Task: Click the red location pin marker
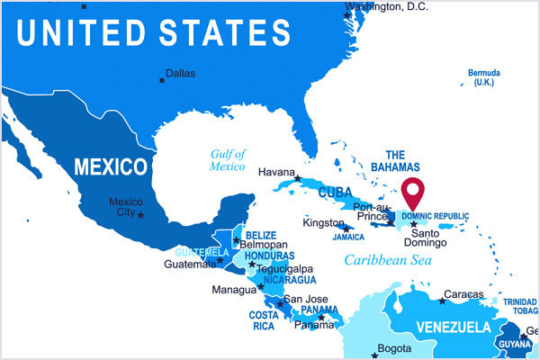[414, 193]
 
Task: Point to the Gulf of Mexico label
[228, 160]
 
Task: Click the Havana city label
[276, 172]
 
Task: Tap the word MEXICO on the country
[110, 167]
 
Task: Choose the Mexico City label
[124, 207]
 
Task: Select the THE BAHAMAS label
[402, 161]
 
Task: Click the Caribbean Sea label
[388, 261]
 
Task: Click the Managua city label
[234, 291]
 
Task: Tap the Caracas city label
[463, 294]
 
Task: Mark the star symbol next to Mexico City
[140, 215]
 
